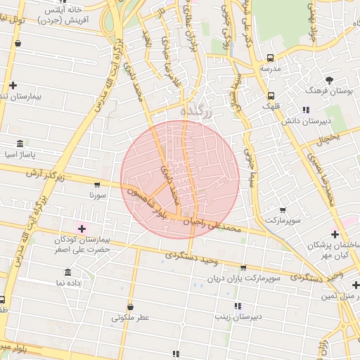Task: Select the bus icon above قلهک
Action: click(x=271, y=96)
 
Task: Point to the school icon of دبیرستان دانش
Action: click(x=305, y=110)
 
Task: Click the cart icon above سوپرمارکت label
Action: click(x=283, y=210)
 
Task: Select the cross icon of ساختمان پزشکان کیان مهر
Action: click(x=335, y=234)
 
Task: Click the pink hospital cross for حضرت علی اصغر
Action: click(x=82, y=228)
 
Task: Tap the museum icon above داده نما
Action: click(x=67, y=272)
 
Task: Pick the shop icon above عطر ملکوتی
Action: click(x=131, y=307)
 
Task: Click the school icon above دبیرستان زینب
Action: click(x=238, y=306)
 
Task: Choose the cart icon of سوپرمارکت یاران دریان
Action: click(x=243, y=268)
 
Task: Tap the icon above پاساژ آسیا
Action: click(x=20, y=142)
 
